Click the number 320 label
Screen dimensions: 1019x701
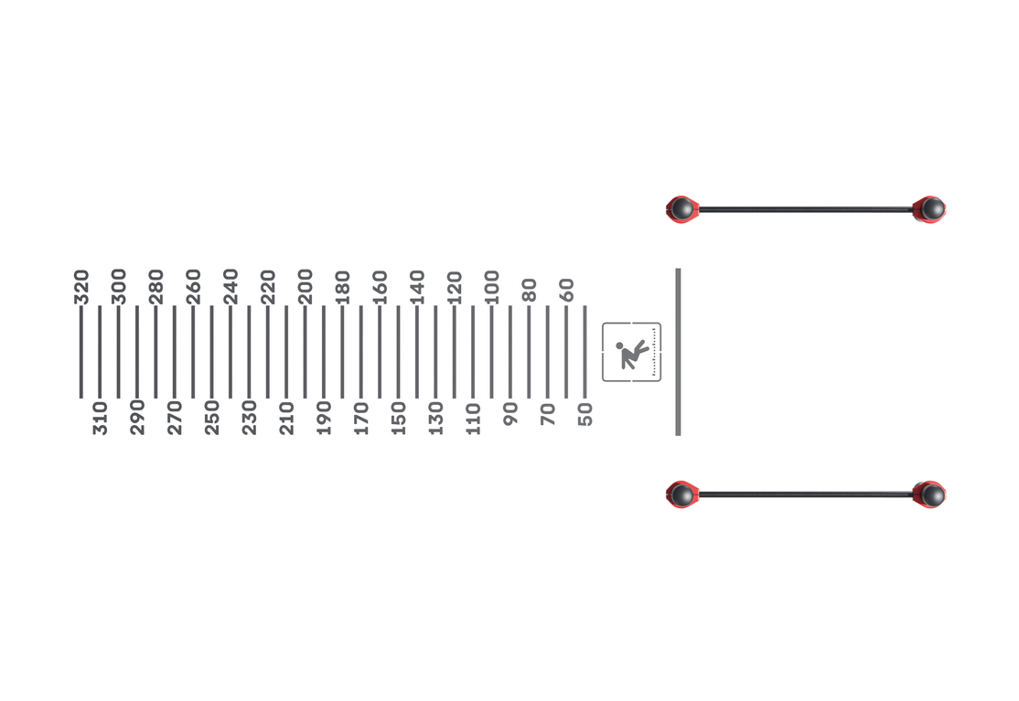(81, 287)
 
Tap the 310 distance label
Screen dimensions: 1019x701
(100, 418)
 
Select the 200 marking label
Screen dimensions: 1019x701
(306, 287)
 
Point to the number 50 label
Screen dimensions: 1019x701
(585, 414)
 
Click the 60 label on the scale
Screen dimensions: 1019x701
(567, 290)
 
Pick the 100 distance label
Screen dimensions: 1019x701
(493, 287)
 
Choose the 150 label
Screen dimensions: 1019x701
(399, 418)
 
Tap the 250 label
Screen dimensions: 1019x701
(212, 418)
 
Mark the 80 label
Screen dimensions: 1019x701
(530, 290)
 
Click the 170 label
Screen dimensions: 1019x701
(361, 418)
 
